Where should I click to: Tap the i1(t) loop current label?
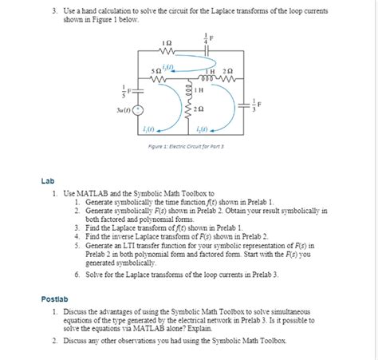click(148, 129)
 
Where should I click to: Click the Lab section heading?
click(48, 181)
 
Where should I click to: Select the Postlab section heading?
click(55, 299)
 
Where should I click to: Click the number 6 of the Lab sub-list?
click(77, 274)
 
